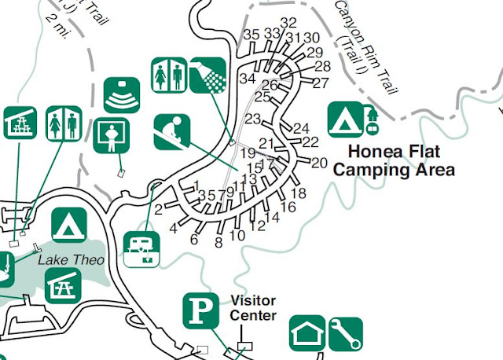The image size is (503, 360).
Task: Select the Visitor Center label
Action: (x=253, y=308)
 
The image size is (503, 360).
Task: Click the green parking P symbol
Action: (x=201, y=310)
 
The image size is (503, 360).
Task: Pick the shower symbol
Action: (x=207, y=75)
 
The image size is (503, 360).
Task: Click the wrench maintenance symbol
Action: (x=344, y=333)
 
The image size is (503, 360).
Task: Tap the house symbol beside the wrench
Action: (x=307, y=333)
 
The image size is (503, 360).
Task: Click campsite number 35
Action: (x=251, y=35)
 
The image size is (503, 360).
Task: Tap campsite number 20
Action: (x=318, y=163)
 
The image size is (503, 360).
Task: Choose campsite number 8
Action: (x=218, y=243)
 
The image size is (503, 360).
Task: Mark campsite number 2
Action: (x=158, y=209)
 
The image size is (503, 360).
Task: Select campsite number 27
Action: (x=320, y=83)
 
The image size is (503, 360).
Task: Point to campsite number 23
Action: (x=252, y=119)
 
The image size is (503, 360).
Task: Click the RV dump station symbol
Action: (x=142, y=249)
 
